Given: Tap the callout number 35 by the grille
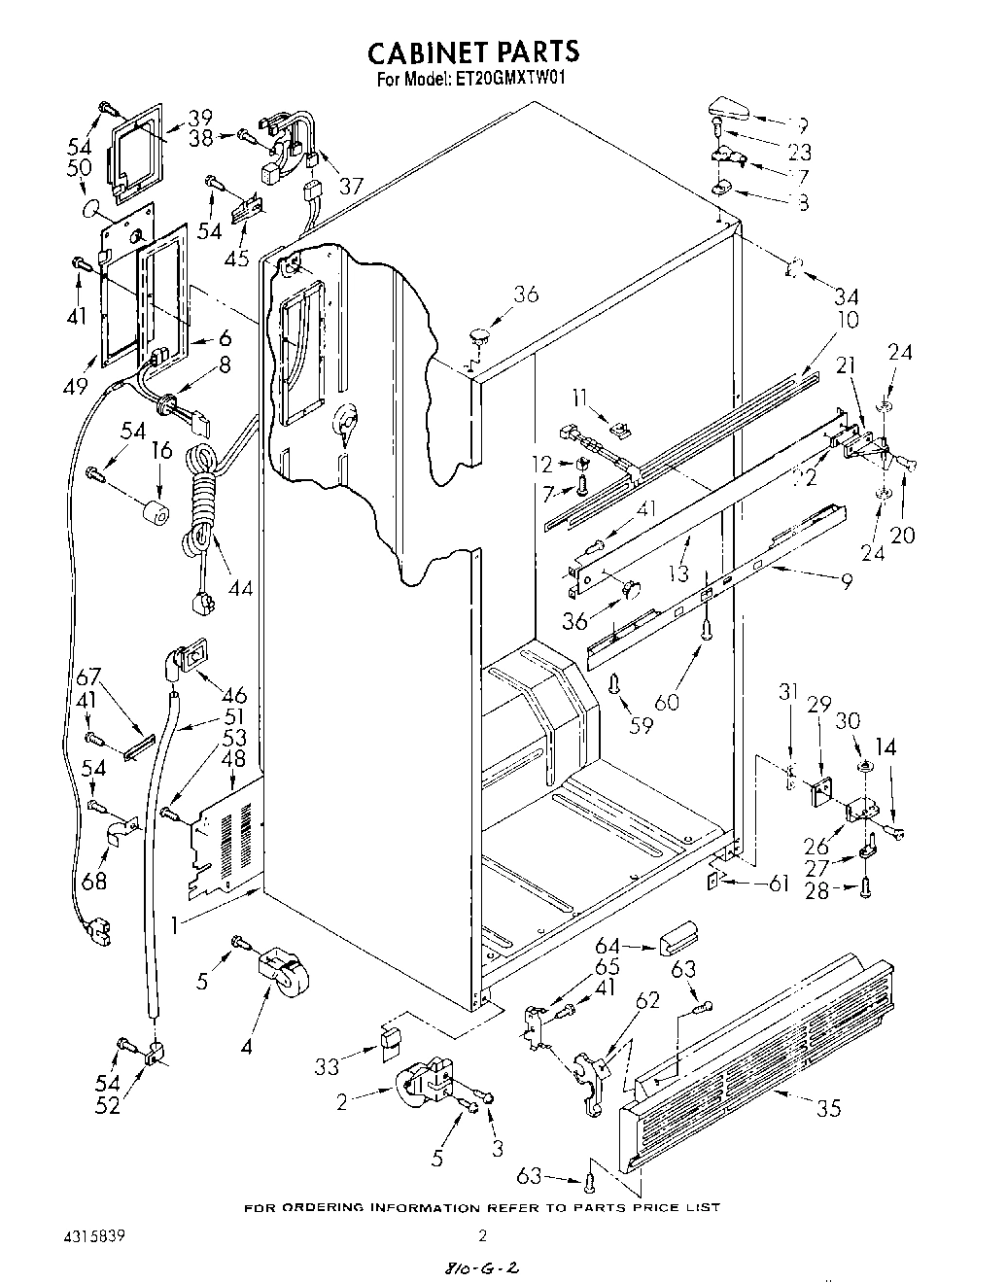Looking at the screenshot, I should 829,1108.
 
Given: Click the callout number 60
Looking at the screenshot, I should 666,701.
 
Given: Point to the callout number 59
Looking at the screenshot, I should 641,724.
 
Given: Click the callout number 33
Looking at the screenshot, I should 328,1066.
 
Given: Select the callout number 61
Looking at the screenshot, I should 777,884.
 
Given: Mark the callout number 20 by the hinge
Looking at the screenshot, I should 901,536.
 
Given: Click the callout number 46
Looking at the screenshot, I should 233,696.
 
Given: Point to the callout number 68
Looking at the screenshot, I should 93,883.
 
